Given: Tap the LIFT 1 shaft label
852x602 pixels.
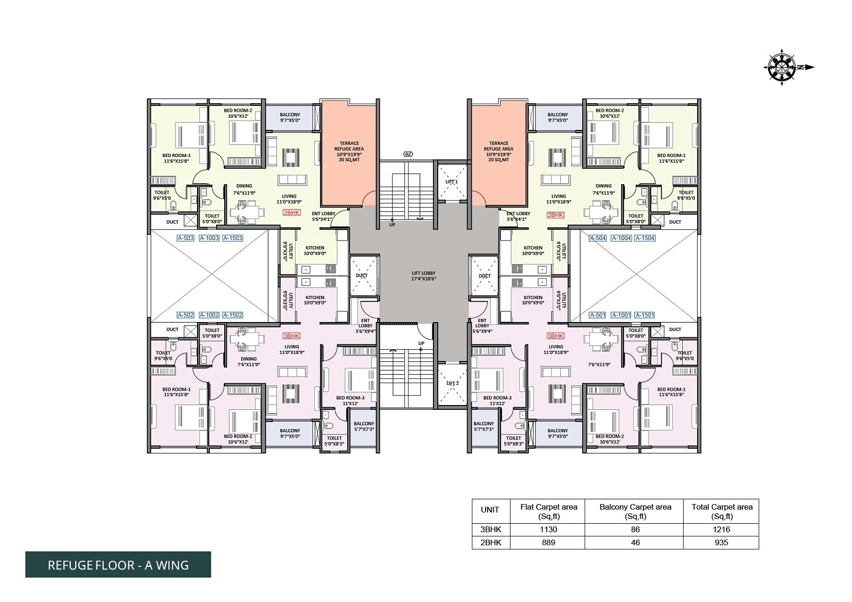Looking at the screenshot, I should (452, 182).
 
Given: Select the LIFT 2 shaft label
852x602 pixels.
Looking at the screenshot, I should (452, 383).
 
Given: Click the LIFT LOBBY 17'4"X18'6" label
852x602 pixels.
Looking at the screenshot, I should (423, 276).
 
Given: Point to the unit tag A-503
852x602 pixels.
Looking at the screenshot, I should (185, 238).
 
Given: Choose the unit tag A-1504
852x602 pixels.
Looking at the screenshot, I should (645, 238).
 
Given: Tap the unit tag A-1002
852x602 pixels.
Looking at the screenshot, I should (209, 315).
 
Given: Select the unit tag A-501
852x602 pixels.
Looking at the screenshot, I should (597, 315).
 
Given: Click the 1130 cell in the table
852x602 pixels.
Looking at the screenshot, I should (548, 530).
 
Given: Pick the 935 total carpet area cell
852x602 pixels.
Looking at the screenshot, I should (722, 542).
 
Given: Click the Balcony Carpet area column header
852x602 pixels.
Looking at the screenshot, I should (635, 512).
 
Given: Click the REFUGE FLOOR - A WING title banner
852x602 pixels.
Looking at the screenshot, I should (118, 565).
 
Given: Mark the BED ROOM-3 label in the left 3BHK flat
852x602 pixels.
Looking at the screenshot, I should (350, 400).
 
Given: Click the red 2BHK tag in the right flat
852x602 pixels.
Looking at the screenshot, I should (555, 215).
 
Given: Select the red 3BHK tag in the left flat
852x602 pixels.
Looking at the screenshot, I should (291, 336).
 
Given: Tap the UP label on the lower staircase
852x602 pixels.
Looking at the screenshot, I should (421, 343).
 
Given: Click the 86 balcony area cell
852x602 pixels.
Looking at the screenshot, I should (635, 530).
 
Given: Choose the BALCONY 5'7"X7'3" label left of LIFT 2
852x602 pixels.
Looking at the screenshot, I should (483, 426).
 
